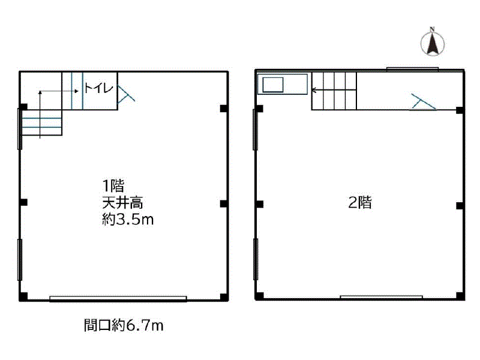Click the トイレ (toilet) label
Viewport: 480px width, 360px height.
click(x=99, y=88)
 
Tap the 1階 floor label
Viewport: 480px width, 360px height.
click(x=113, y=186)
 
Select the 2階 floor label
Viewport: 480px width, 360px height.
click(x=361, y=202)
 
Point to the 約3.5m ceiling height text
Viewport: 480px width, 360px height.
click(x=128, y=220)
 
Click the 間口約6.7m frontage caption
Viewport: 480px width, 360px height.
click(x=124, y=325)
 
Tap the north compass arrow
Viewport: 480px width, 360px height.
click(x=432, y=43)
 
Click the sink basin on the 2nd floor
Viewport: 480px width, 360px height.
click(x=273, y=85)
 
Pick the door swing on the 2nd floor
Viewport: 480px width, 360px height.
click(x=423, y=102)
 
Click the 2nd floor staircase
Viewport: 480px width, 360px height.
click(x=334, y=91)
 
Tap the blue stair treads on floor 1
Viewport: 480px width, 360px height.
click(x=41, y=122)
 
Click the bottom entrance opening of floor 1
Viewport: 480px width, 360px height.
click(x=118, y=299)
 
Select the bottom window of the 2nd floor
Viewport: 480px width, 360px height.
click(x=382, y=297)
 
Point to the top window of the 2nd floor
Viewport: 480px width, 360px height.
click(x=413, y=69)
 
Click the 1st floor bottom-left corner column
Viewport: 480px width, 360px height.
click(x=23, y=296)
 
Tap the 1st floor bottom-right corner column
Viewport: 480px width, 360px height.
click(x=224, y=297)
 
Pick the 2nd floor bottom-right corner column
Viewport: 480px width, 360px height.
click(x=460, y=296)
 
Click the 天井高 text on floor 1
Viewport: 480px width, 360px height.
click(x=122, y=203)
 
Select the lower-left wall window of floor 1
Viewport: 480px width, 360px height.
click(x=20, y=260)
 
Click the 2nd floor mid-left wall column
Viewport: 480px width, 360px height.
click(x=260, y=204)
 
